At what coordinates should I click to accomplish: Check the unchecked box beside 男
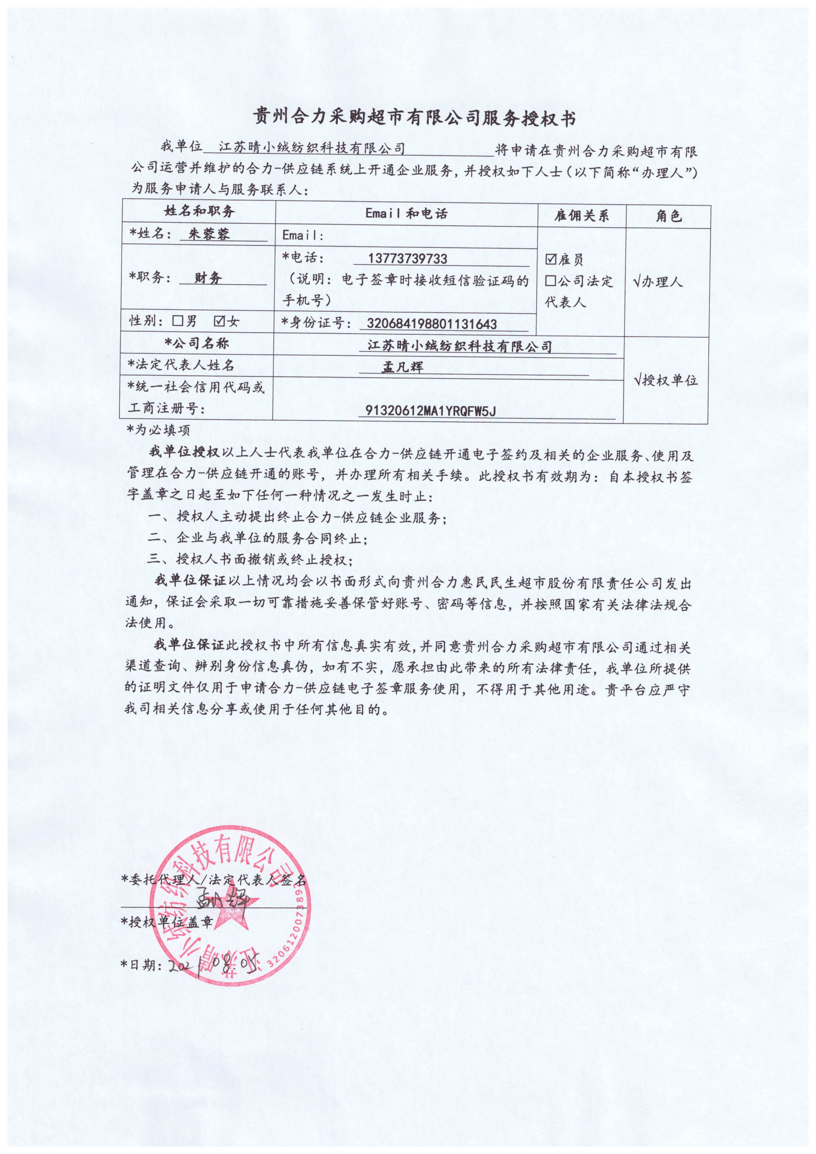177,321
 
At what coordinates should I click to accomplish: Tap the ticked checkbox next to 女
220,321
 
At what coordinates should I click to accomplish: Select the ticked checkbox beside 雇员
551,259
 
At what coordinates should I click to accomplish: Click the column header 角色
668,216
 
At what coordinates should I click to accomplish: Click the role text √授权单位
666,380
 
